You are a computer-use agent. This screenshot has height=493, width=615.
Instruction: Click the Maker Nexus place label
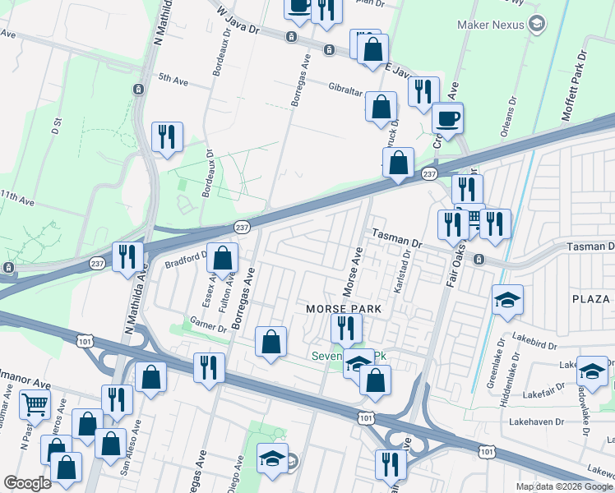tap(491, 25)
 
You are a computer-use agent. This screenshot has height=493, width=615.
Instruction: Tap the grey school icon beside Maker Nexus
tap(538, 24)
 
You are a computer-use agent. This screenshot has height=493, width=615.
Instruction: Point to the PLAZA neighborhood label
tap(593, 297)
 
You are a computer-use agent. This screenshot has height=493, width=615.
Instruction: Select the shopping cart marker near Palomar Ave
tap(35, 403)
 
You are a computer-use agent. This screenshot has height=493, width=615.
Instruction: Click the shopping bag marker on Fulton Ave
tap(222, 258)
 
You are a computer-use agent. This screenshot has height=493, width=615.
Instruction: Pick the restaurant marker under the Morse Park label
tap(346, 328)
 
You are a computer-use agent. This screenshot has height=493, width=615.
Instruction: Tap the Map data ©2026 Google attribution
tap(564, 486)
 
